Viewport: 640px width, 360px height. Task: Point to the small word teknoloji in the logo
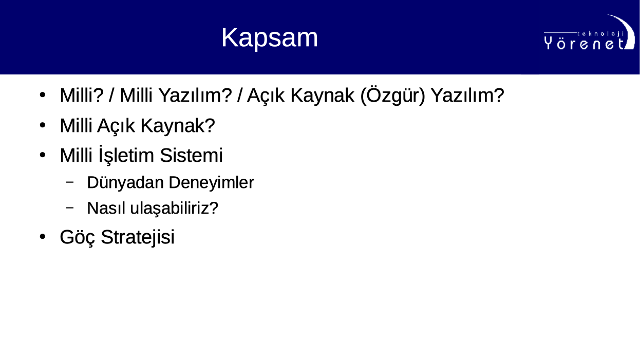pyautogui.click(x=600, y=34)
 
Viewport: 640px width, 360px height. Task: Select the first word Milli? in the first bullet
pyautogui.click(x=82, y=95)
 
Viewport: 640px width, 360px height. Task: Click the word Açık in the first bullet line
pyautogui.click(x=266, y=96)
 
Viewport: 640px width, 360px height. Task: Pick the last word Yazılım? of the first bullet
pyautogui.click(x=467, y=95)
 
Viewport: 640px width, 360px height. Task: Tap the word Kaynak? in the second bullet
pyautogui.click(x=178, y=125)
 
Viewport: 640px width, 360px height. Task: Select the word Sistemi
pyautogui.click(x=191, y=156)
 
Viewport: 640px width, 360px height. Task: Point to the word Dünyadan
pyautogui.click(x=125, y=183)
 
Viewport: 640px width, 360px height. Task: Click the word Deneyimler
pyautogui.click(x=212, y=183)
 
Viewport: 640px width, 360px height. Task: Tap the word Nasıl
pyautogui.click(x=106, y=208)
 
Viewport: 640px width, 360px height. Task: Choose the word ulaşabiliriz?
pyautogui.click(x=174, y=209)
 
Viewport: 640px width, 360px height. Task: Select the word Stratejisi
pyautogui.click(x=138, y=237)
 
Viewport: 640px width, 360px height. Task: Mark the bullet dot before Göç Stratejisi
pyautogui.click(x=43, y=237)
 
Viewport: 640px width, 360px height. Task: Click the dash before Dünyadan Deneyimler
pyautogui.click(x=70, y=182)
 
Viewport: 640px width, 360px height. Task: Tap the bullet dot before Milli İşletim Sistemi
pyautogui.click(x=43, y=155)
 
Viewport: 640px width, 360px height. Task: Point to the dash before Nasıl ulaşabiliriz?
pyautogui.click(x=70, y=207)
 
